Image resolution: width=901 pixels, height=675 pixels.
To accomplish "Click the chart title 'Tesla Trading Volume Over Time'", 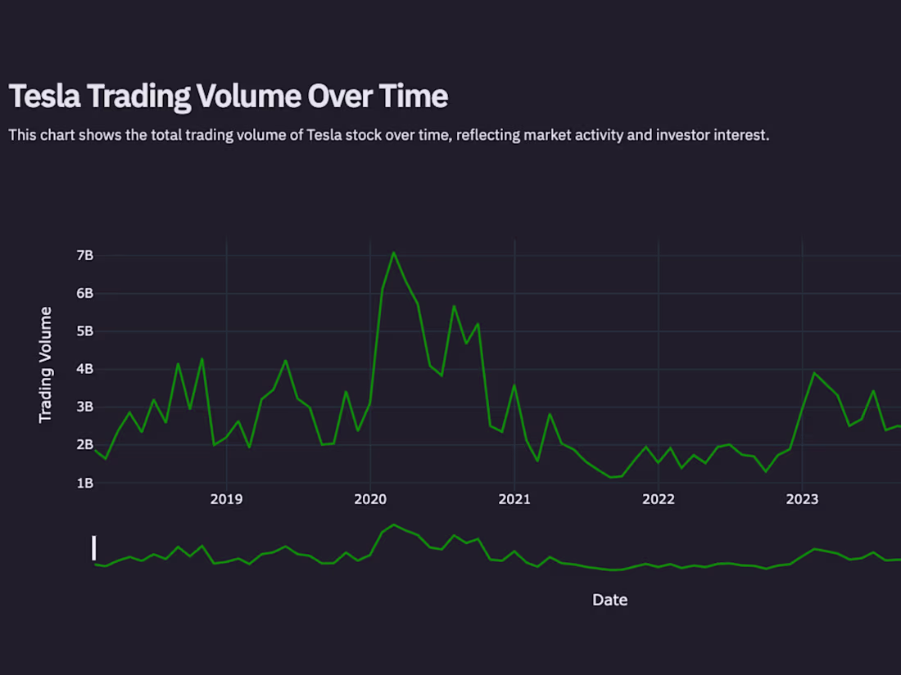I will pyautogui.click(x=228, y=97).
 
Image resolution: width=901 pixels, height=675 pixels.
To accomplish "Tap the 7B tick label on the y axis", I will pyautogui.click(x=85, y=255).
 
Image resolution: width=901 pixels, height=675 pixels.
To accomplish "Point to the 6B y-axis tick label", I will pyautogui.click(x=85, y=293).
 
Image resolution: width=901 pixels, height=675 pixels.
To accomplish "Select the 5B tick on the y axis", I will pyautogui.click(x=85, y=331).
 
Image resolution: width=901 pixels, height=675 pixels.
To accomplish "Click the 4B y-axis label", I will pyautogui.click(x=85, y=369).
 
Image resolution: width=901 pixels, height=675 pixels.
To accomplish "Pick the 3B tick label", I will pyautogui.click(x=85, y=407).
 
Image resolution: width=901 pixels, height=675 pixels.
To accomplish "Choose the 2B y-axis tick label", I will pyautogui.click(x=85, y=445).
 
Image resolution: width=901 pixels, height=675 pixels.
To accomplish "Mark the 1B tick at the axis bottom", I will pyautogui.click(x=85, y=483).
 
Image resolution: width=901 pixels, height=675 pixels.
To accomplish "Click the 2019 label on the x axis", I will pyautogui.click(x=226, y=499).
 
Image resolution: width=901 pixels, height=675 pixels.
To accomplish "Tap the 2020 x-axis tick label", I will pyautogui.click(x=370, y=499).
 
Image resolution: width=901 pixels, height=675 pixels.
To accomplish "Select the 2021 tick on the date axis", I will pyautogui.click(x=514, y=499).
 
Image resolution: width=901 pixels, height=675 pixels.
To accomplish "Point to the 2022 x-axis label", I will pyautogui.click(x=659, y=499).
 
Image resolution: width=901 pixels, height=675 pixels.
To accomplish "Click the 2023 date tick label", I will pyautogui.click(x=802, y=499).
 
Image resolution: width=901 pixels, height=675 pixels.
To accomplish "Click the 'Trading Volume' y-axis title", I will pyautogui.click(x=46, y=365).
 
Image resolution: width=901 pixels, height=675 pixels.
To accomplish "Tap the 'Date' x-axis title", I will pyautogui.click(x=609, y=600).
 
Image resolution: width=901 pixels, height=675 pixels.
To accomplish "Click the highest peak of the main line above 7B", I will pyautogui.click(x=394, y=253).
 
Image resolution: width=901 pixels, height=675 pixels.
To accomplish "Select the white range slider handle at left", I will pyautogui.click(x=94, y=548).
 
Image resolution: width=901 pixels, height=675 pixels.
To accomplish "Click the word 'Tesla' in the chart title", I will pyautogui.click(x=45, y=97).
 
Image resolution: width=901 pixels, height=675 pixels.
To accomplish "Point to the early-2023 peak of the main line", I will pyautogui.click(x=814, y=373).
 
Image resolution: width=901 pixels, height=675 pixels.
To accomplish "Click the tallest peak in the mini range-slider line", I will pyautogui.click(x=394, y=524).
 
